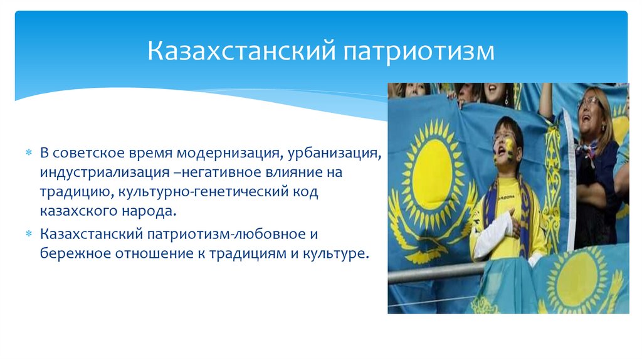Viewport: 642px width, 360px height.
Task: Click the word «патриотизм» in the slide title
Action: [x=418, y=51]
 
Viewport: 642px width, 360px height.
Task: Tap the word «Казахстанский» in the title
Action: [x=241, y=51]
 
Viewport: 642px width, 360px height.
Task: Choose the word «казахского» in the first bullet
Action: [x=75, y=211]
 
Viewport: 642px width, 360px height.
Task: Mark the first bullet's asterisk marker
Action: [x=28, y=154]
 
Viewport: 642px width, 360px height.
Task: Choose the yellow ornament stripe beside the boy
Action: [x=552, y=188]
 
